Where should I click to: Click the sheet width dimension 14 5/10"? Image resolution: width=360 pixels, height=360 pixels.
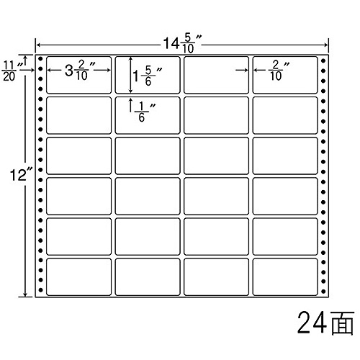click(x=182, y=44)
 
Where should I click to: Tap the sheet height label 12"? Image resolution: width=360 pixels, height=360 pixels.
click(x=21, y=175)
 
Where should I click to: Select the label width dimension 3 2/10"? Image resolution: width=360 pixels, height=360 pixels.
click(x=80, y=71)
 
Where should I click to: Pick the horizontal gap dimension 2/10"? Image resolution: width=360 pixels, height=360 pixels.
click(x=279, y=71)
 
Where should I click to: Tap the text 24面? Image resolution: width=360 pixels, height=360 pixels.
click(x=325, y=323)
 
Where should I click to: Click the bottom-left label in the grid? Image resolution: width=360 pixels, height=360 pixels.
click(x=78, y=276)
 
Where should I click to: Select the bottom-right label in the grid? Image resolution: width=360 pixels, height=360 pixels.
click(x=285, y=276)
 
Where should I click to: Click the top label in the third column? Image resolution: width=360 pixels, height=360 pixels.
click(x=216, y=75)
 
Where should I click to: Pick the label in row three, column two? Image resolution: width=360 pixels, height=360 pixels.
click(x=148, y=156)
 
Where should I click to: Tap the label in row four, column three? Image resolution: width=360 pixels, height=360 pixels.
click(x=216, y=196)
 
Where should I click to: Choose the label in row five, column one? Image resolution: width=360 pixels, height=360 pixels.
click(x=78, y=236)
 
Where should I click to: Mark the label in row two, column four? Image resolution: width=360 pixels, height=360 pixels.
click(x=285, y=115)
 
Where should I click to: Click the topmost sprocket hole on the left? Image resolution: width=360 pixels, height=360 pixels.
click(x=40, y=58)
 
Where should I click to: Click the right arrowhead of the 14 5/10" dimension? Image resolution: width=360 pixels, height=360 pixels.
click(x=326, y=45)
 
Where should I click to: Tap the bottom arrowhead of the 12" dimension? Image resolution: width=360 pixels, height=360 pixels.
click(x=24, y=294)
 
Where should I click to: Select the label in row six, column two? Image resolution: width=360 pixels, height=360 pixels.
click(x=148, y=276)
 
